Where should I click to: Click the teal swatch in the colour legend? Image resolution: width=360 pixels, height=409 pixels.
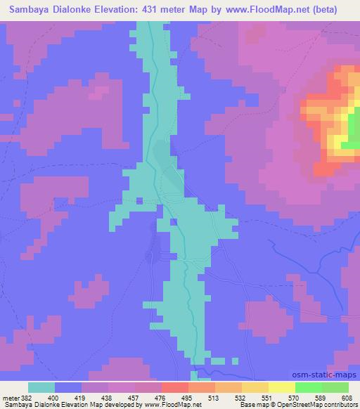[x=41, y=387]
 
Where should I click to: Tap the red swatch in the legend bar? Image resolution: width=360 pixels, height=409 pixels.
[x=174, y=387]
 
